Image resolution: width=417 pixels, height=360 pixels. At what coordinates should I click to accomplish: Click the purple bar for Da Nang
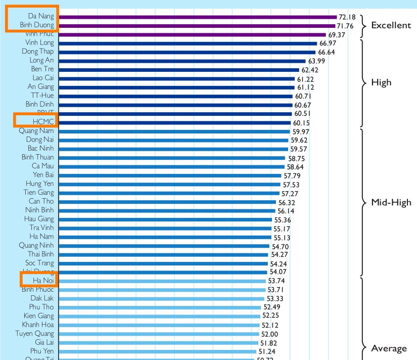197,17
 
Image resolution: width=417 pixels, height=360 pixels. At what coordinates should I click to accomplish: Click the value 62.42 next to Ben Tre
310,70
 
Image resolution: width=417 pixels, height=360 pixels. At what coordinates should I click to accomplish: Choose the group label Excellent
391,25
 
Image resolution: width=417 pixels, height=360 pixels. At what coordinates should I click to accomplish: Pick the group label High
381,82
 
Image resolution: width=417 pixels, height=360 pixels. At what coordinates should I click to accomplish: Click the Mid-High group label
391,203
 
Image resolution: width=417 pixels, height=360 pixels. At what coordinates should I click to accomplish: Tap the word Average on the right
389,348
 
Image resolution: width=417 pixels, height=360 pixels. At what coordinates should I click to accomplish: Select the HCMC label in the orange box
43,122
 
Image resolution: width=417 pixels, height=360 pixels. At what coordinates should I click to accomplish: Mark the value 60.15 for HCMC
304,123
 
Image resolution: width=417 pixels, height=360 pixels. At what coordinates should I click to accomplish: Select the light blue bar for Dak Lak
161,298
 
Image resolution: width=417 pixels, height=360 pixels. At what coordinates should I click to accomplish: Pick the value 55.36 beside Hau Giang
283,220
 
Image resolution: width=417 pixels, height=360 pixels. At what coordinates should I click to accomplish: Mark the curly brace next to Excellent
362,25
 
